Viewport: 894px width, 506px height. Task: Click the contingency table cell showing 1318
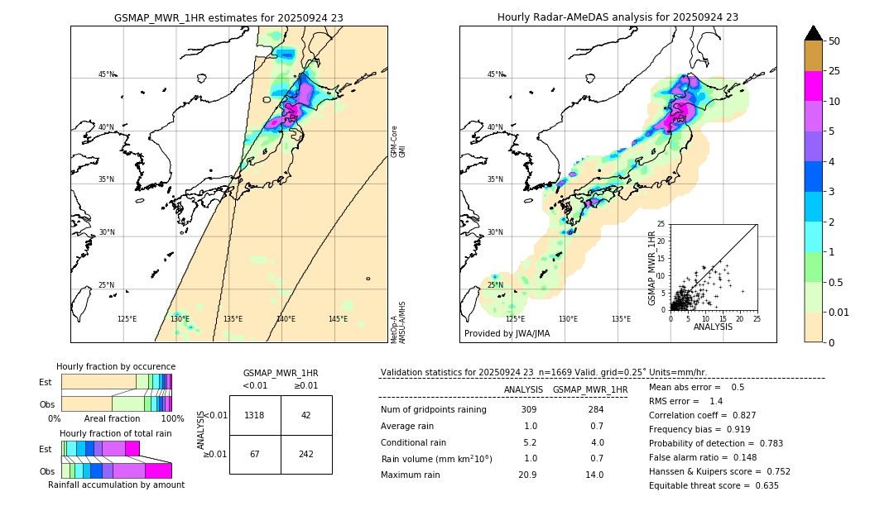tap(255, 415)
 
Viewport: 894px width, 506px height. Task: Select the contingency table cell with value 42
tap(306, 415)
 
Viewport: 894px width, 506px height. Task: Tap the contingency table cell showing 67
tap(255, 455)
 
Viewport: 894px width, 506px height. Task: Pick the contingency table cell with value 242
tap(306, 455)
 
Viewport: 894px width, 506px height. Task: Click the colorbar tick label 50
tap(834, 41)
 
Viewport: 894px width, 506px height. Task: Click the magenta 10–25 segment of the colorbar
tap(813, 86)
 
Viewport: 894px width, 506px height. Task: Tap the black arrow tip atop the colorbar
tap(813, 32)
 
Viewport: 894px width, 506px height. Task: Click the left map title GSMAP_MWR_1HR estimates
tap(228, 17)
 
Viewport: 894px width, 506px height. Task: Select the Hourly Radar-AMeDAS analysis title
tap(618, 17)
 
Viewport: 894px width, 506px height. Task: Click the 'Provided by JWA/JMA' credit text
tap(507, 334)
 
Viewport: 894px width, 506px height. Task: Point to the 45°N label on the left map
tap(107, 74)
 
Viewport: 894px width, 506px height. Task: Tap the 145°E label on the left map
tap(338, 319)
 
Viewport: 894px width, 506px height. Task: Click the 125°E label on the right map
tap(515, 319)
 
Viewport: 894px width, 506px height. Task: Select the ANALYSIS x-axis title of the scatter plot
tap(713, 327)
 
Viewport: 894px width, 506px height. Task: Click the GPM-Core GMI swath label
tap(398, 141)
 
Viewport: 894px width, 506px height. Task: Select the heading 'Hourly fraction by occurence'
tap(116, 366)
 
